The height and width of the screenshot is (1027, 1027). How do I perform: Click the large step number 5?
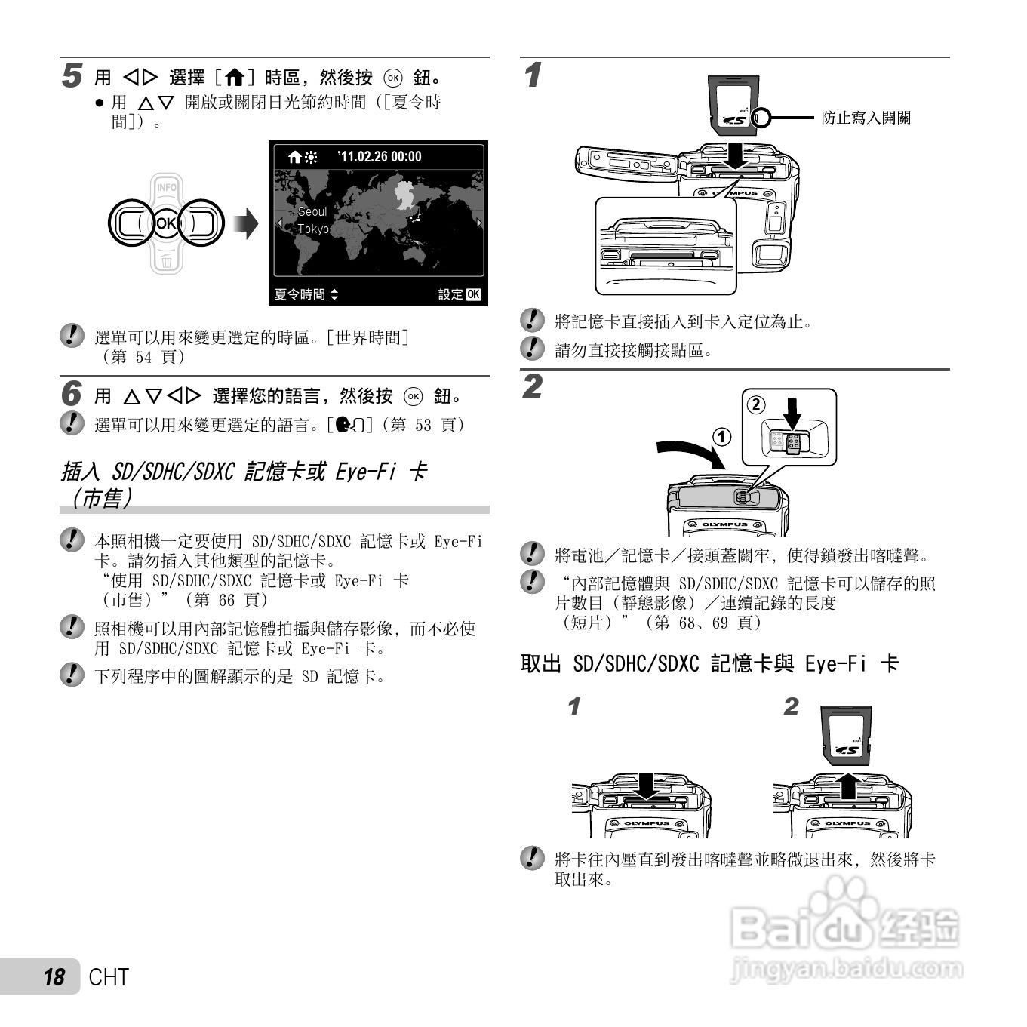(x=72, y=76)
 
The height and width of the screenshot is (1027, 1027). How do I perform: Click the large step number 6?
(x=71, y=395)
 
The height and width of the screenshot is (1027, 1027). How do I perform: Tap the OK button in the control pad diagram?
(x=166, y=223)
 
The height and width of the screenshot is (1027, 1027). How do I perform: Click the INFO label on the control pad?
(x=166, y=187)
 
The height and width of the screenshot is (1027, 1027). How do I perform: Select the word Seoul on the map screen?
(x=312, y=212)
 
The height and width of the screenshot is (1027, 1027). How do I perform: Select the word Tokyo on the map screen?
(x=313, y=229)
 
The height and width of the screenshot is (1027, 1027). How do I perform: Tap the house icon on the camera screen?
(x=295, y=158)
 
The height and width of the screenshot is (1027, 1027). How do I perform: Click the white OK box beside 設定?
(x=473, y=294)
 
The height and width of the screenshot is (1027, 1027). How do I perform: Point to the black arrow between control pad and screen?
(x=246, y=224)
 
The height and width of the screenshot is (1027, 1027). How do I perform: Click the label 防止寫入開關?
(x=866, y=118)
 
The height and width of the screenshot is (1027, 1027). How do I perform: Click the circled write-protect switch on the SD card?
(x=761, y=118)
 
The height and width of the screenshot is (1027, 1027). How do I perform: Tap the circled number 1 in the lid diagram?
(x=722, y=437)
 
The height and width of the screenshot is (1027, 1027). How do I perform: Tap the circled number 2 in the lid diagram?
(x=755, y=404)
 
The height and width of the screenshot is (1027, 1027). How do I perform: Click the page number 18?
(x=54, y=977)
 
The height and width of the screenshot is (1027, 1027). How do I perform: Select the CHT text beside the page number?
(x=109, y=977)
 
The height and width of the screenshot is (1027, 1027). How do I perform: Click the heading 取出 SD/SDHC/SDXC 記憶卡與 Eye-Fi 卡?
(x=709, y=664)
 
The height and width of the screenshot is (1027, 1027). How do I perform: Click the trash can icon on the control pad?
(x=166, y=262)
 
